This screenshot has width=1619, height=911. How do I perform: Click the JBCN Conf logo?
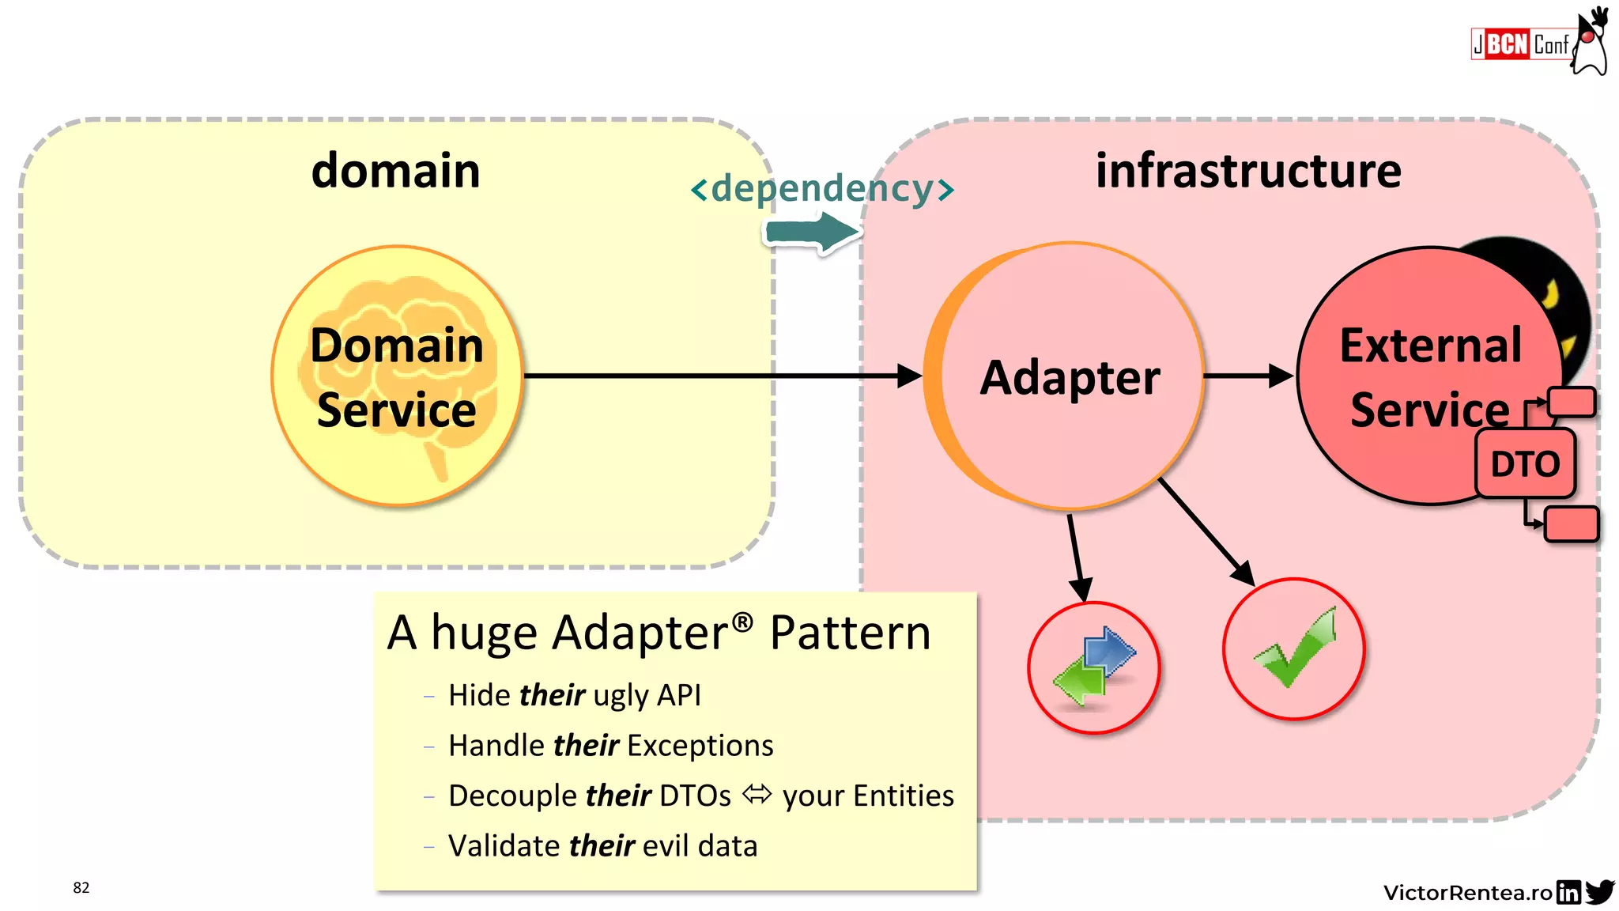pos(1537,43)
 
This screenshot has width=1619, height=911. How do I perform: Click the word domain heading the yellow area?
pos(395,171)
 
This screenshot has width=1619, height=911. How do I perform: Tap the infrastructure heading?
pos(1247,171)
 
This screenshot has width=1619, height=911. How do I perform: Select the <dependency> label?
pos(822,189)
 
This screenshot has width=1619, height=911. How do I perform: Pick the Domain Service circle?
pos(397,376)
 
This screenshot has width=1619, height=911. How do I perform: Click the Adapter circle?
pos(1069,376)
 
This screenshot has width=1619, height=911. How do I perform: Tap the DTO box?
pos(1525,463)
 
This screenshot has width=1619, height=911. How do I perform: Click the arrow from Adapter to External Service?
pos(1247,376)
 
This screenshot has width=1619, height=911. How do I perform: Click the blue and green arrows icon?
pos(1094,667)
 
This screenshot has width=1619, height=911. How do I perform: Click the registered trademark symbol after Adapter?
pos(742,622)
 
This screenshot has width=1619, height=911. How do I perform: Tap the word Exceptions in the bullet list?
pos(700,746)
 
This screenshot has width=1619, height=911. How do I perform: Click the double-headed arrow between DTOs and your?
pos(757,794)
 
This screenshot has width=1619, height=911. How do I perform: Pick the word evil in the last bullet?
pos(666,846)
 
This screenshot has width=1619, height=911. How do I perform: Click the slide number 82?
pos(81,887)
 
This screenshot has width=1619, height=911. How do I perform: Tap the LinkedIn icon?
pos(1568,892)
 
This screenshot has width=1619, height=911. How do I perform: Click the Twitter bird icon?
pos(1599,891)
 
